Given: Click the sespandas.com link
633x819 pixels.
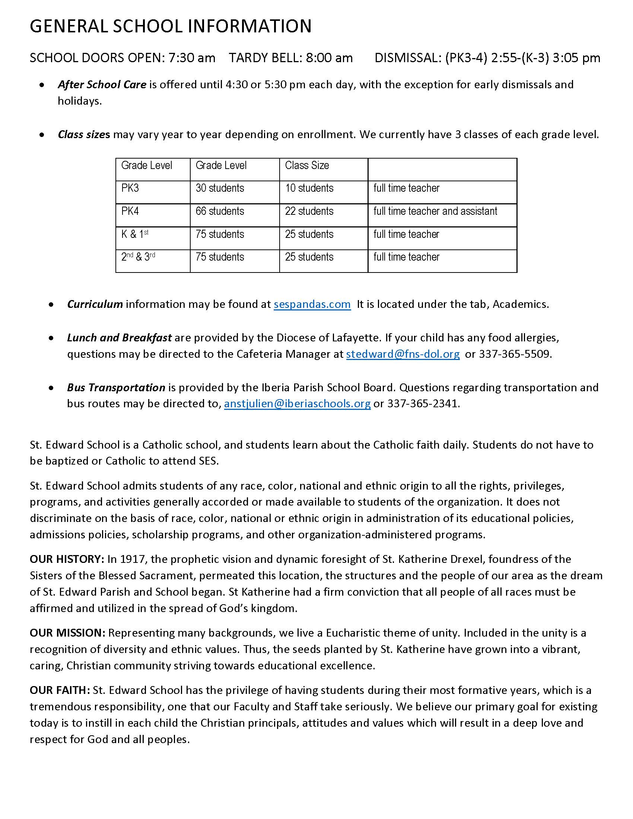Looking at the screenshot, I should (x=312, y=304).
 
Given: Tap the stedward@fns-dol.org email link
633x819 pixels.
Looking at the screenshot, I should (x=403, y=354).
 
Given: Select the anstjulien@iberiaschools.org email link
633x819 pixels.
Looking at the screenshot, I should (x=298, y=404).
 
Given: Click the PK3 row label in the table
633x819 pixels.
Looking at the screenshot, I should (x=130, y=188).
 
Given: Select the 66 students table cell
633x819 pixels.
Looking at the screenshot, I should (x=220, y=211).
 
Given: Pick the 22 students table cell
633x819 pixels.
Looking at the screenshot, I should (x=309, y=211).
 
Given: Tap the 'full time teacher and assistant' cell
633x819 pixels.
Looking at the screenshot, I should (x=435, y=211).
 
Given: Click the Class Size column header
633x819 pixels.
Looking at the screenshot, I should (x=307, y=165).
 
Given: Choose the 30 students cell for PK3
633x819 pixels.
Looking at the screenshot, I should (x=220, y=188).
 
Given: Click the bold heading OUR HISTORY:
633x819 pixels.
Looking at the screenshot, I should (x=67, y=559).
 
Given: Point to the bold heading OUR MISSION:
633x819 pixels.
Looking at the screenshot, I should (x=67, y=633).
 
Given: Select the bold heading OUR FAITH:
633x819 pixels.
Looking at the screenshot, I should (x=60, y=690).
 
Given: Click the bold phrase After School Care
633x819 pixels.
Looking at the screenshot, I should (x=102, y=85).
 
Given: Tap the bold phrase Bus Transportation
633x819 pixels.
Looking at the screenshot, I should (x=116, y=388).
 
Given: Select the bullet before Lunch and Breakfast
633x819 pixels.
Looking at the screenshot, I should (x=51, y=338).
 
